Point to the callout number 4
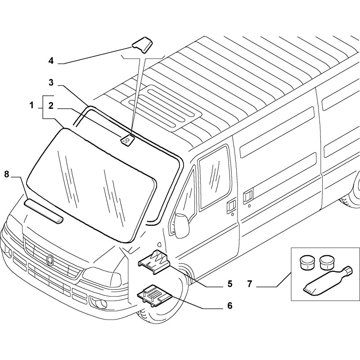[x=51, y=60]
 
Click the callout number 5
[x=229, y=283]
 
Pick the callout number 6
[x=229, y=306]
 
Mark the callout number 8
[x=7, y=174]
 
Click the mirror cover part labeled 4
[x=141, y=45]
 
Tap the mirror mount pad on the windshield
[x=127, y=140]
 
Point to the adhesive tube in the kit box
[x=326, y=280]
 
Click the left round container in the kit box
[x=306, y=262]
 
